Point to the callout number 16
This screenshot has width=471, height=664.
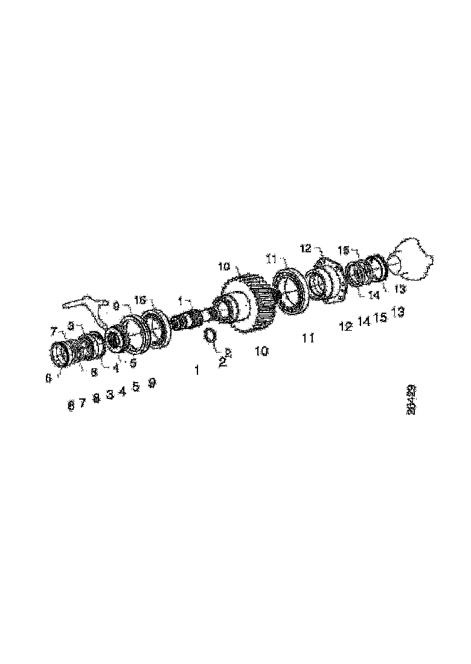[140, 301]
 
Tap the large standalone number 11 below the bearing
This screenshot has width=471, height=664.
[308, 337]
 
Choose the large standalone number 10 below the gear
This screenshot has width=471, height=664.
[261, 351]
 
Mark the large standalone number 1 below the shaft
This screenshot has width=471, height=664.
[196, 371]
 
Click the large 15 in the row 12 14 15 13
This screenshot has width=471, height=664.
[380, 317]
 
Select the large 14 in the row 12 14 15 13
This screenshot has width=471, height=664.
[364, 322]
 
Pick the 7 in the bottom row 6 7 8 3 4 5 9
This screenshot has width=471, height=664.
[83, 403]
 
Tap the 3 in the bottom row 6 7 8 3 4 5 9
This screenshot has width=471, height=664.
[109, 394]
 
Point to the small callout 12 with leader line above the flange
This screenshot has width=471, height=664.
[305, 248]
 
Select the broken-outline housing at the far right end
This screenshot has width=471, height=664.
[414, 260]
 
